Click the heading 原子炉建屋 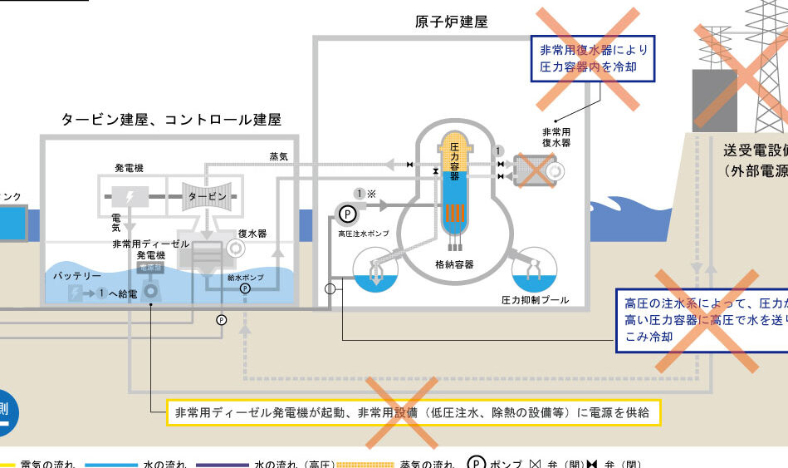pyautogui.click(x=451, y=22)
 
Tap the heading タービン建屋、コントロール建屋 pyautogui.click(x=171, y=120)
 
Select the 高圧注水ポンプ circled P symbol pyautogui.click(x=348, y=214)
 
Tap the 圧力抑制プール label pyautogui.click(x=535, y=299)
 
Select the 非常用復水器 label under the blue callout pyautogui.click(x=556, y=137)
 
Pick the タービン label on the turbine pyautogui.click(x=207, y=196)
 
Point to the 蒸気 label pyautogui.click(x=278, y=156)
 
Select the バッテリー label pyautogui.click(x=77, y=276)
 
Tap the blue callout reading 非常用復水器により pyautogui.click(x=593, y=58)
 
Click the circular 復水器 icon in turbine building pyautogui.click(x=236, y=248)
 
